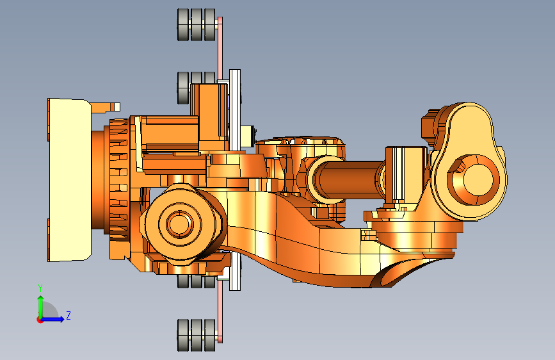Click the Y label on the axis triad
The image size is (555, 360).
(40, 288)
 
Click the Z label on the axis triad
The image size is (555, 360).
(68, 315)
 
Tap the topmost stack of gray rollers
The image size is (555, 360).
(196, 25)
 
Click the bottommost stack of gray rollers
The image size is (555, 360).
(196, 335)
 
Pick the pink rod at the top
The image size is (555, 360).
(220, 48)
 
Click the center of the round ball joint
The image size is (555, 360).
(180, 224)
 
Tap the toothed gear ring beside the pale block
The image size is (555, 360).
(118, 186)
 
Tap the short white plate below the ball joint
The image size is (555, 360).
(235, 272)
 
